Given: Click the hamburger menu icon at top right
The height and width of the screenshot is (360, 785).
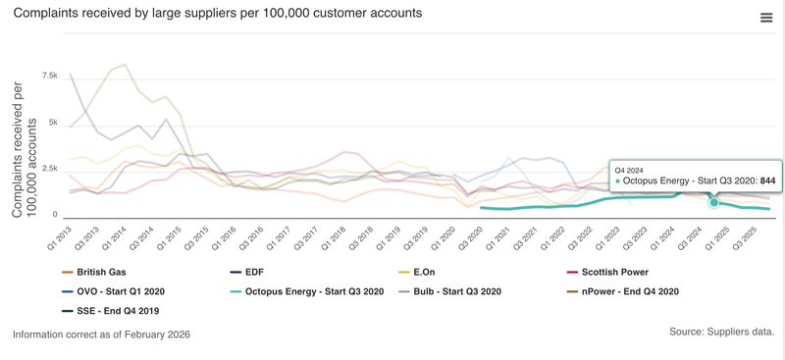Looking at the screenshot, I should click(766, 18).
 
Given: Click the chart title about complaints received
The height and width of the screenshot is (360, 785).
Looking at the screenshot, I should click(218, 14).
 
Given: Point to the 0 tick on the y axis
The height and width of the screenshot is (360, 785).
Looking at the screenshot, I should click(54, 215).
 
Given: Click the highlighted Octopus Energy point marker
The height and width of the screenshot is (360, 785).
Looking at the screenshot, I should click(714, 202).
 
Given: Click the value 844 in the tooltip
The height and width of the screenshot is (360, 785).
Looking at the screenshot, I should click(767, 180).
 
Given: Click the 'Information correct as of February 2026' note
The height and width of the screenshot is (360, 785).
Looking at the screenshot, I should click(101, 334).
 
